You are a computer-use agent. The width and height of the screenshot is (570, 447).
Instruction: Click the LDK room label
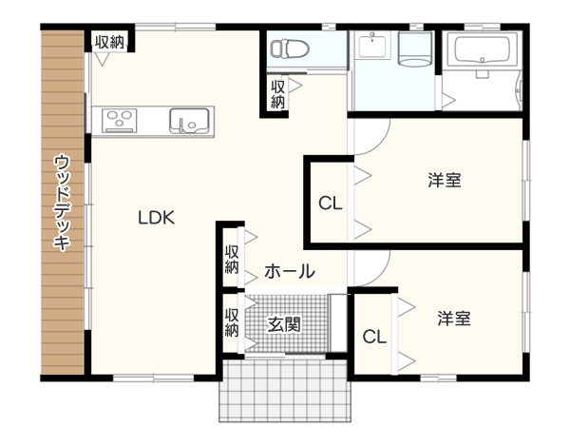point(157,217)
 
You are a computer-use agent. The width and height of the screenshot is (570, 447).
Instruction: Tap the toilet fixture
point(290,49)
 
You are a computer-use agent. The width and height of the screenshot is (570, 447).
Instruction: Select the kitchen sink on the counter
point(189,121)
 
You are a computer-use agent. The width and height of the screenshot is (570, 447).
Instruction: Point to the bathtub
point(483,51)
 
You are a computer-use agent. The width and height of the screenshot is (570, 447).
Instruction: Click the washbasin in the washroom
point(373,45)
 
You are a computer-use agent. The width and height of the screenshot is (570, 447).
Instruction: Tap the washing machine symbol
point(414,49)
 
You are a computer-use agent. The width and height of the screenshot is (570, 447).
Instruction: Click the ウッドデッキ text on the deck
point(62,203)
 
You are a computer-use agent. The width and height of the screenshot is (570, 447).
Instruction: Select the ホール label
point(290,272)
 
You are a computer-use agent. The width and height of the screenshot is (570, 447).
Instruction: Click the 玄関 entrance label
point(284,324)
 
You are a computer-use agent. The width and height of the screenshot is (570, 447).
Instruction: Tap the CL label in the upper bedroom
point(331,204)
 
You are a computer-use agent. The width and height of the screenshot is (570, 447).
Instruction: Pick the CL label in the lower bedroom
point(374,337)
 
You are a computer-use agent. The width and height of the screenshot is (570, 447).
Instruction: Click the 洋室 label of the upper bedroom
point(445,180)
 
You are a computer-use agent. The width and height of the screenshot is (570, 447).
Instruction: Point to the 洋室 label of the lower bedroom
point(454,319)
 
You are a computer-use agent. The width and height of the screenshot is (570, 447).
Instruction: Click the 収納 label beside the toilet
point(277,94)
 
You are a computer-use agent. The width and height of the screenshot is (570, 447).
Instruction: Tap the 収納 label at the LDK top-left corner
point(109,43)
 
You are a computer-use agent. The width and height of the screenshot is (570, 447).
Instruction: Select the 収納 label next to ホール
point(232,260)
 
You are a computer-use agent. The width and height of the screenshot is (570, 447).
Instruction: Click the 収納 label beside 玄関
point(232,322)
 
